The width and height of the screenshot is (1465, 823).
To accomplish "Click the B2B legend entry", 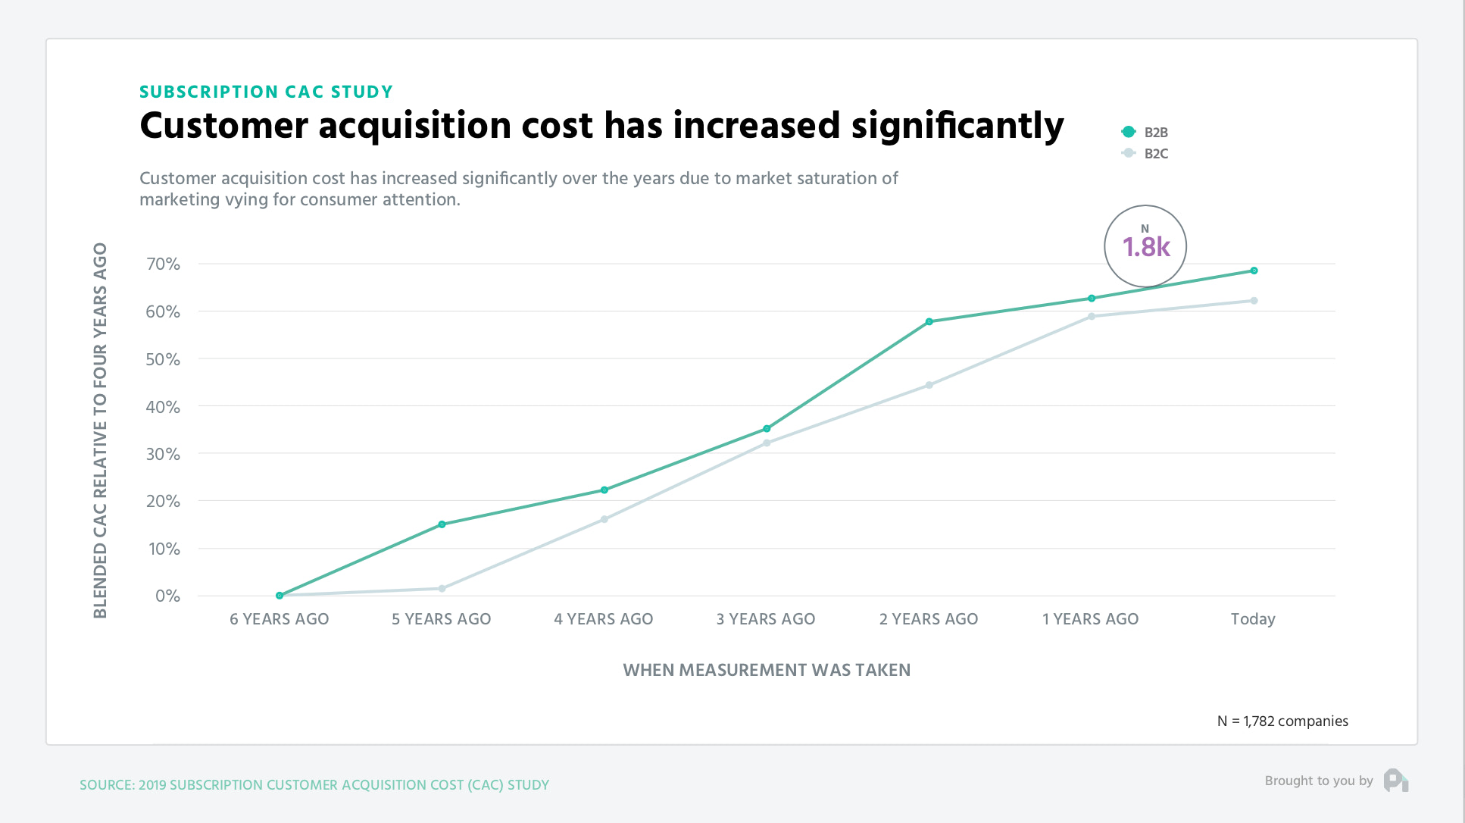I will coord(1145,132).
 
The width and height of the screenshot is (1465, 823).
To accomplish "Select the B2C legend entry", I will coord(1145,153).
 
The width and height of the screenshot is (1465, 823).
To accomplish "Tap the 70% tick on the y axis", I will coord(163,264).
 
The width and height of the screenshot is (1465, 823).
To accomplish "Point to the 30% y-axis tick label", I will coord(163,454).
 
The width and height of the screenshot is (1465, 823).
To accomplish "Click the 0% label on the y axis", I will coord(167,596).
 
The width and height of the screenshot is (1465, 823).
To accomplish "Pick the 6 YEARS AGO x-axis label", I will coord(279,619).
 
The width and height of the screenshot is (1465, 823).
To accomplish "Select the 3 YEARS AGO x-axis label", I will coord(766,619).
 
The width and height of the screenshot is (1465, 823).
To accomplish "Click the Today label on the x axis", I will coord(1253,619).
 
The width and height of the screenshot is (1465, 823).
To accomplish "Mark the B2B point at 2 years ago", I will coord(929,322).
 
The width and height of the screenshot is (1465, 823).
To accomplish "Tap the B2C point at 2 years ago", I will coord(929,385).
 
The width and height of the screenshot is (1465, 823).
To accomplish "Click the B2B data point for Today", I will coord(1254,271).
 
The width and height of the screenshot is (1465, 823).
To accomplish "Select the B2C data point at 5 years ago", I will coord(442,588).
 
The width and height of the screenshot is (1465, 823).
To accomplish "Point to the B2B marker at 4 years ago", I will coord(604,490).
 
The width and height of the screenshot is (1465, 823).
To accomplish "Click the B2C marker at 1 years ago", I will coord(1091,317).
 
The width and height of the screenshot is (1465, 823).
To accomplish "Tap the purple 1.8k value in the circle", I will coord(1145,247).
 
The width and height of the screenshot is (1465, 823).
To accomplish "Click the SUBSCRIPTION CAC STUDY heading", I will coord(266,92).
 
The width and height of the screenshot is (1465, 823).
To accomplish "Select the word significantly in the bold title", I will coord(957,126).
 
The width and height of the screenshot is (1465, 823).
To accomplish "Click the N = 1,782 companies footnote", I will coord(1282,721).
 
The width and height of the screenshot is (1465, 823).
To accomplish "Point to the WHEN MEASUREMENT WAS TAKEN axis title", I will coord(767,670).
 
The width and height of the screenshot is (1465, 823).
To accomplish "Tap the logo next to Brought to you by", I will coord(1395,780).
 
